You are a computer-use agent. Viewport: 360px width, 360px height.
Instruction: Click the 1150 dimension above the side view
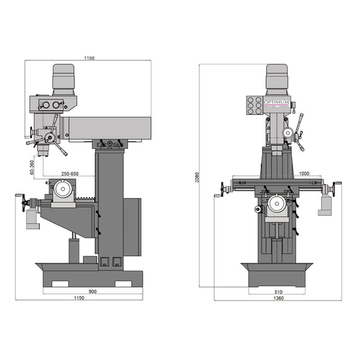pyautogui.click(x=89, y=58)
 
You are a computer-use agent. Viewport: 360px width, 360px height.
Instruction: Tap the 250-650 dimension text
pyautogui.click(x=69, y=174)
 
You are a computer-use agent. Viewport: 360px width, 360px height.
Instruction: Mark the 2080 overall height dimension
pyautogui.click(x=197, y=177)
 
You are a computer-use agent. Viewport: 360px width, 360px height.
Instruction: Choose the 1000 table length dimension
pyautogui.click(x=304, y=174)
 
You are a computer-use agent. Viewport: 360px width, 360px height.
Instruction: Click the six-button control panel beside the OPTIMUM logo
pyautogui.click(x=254, y=105)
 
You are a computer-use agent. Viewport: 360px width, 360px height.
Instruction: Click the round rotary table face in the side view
pyautogui.click(x=63, y=189)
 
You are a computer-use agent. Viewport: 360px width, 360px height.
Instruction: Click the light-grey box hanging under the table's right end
pyautogui.click(x=324, y=207)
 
